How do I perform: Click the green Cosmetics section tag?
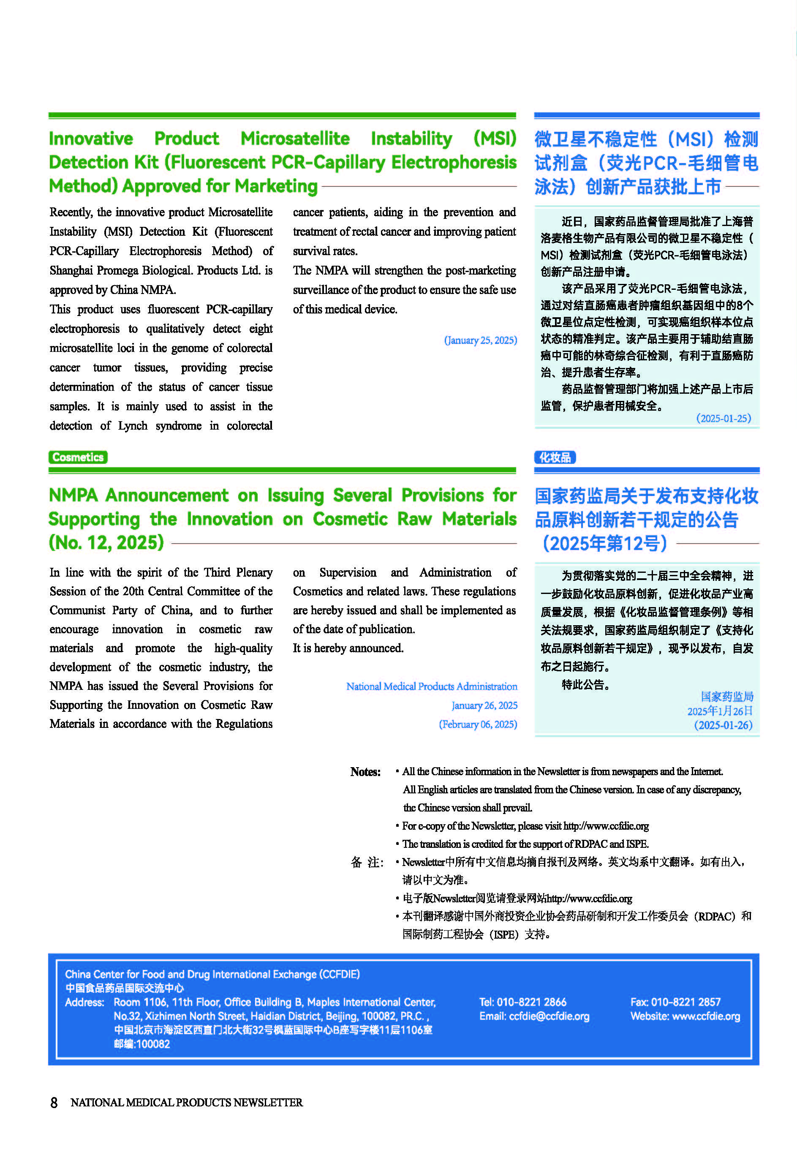[x=78, y=457]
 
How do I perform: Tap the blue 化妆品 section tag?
[x=555, y=457]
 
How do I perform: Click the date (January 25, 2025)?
[x=480, y=340]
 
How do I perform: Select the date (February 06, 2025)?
[x=478, y=724]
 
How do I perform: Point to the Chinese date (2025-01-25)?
[x=724, y=418]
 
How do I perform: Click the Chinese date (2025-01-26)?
[x=723, y=724]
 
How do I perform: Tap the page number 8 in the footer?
[x=54, y=1102]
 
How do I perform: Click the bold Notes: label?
[x=365, y=772]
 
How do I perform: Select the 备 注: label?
[x=367, y=862]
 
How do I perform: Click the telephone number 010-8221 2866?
[x=531, y=1002]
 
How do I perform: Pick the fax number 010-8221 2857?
[x=685, y=1002]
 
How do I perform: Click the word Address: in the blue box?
[x=84, y=1002]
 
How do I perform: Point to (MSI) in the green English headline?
[x=495, y=138]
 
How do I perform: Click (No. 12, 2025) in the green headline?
[x=106, y=542]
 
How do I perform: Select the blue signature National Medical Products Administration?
[x=432, y=686]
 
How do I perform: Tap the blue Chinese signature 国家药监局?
[x=726, y=696]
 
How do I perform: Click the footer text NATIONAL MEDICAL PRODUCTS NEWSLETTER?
[x=186, y=1102]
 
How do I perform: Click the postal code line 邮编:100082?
[x=142, y=1043]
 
